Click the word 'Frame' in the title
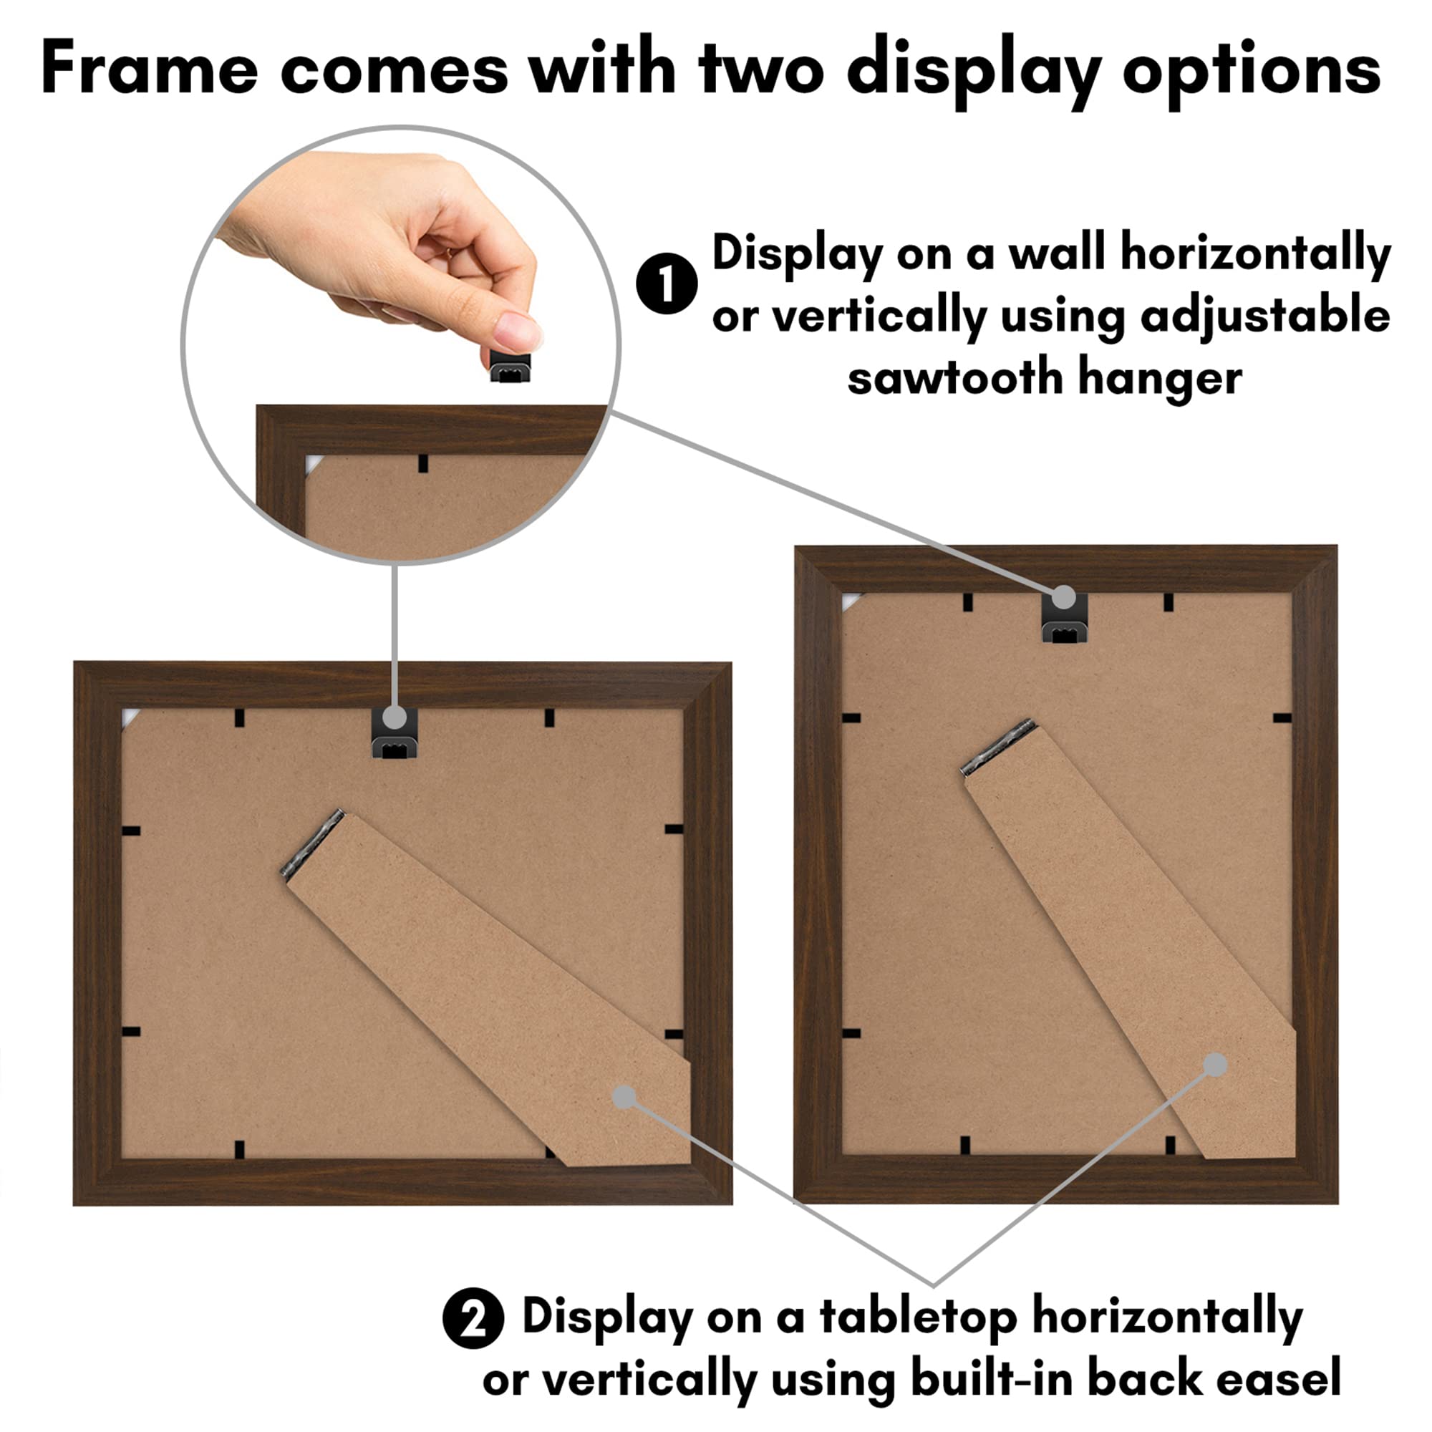tap(149, 69)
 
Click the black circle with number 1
tap(667, 283)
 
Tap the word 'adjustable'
tap(1264, 316)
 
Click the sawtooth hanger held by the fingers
tap(511, 366)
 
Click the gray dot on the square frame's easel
tap(624, 1097)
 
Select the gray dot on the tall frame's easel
tap(1215, 1065)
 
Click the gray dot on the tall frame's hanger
tap(1064, 596)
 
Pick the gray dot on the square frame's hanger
tap(395, 717)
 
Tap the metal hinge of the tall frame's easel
tap(998, 747)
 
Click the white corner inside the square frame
tap(129, 717)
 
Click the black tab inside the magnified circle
tap(422, 464)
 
